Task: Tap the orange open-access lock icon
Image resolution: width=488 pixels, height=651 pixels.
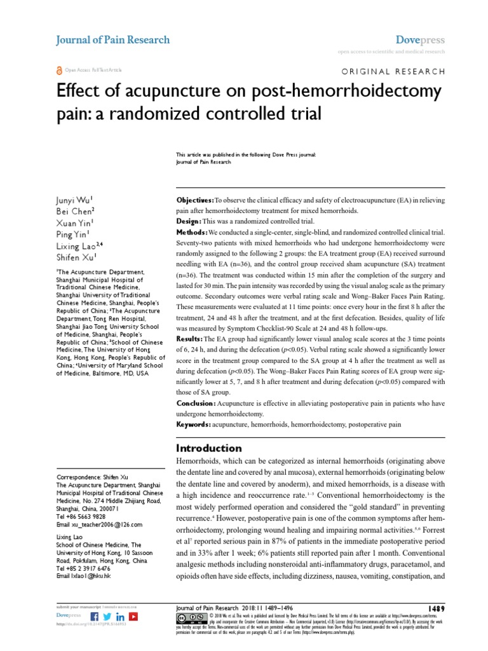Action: [x=59, y=70]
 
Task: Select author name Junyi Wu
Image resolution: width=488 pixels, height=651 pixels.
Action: [x=75, y=201]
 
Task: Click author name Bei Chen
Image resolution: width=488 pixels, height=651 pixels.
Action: [x=75, y=212]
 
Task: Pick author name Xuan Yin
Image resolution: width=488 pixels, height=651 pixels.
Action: [x=75, y=223]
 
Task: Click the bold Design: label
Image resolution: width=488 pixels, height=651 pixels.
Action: [x=188, y=221]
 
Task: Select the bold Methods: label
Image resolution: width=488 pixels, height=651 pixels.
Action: [x=192, y=233]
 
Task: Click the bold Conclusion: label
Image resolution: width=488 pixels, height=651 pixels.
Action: [x=195, y=403]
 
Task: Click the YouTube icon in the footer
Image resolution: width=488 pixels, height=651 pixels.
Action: [x=133, y=616]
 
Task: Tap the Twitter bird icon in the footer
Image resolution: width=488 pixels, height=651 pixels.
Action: [x=107, y=616]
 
